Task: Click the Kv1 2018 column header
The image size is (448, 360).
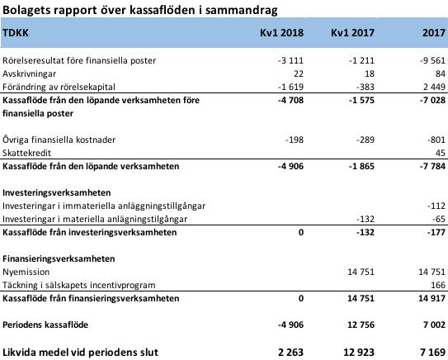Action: [x=281, y=32]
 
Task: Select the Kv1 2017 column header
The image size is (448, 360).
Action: [x=352, y=32]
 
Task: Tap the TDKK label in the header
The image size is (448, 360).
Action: [x=16, y=32]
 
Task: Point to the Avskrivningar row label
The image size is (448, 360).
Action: [x=29, y=73]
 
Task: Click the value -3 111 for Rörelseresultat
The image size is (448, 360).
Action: [x=290, y=60]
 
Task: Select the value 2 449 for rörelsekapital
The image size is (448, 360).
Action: [x=434, y=87]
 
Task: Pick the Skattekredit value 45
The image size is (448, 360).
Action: [x=441, y=153]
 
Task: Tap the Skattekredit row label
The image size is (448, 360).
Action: [x=27, y=153]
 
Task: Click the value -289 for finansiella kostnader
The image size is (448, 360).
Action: [x=365, y=140]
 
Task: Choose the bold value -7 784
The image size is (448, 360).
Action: [x=432, y=166]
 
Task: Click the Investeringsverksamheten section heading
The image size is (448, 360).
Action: [x=57, y=192]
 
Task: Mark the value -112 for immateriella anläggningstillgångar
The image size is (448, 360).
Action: [x=436, y=206]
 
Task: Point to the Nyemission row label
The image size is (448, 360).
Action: [x=26, y=272]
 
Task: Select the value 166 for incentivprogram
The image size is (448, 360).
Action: [x=438, y=285]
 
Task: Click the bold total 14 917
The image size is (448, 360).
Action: [x=432, y=298]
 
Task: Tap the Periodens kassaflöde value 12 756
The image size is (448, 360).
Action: [x=361, y=324]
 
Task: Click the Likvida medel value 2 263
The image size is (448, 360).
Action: [x=290, y=352]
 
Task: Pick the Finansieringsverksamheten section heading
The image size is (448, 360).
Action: [x=59, y=258]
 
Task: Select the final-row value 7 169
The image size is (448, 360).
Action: [x=434, y=352]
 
